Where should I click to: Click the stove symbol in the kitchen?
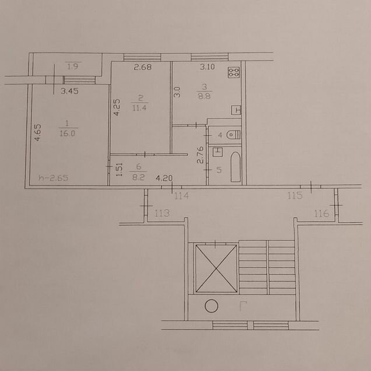(234, 72)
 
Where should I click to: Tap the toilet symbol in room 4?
(233, 135)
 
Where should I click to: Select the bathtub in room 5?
(236, 167)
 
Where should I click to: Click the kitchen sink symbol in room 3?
(236, 110)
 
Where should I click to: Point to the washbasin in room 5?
(218, 152)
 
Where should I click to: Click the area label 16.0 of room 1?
(67, 134)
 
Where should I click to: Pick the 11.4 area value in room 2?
(139, 108)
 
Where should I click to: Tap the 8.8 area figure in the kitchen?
(204, 96)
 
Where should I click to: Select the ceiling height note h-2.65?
(54, 178)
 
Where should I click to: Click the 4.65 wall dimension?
(37, 133)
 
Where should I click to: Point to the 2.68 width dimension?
(143, 67)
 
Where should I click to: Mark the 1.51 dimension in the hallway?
(120, 169)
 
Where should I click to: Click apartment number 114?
(181, 196)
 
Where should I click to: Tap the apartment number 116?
(321, 213)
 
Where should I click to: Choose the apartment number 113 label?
(162, 213)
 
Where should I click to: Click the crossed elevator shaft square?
(216, 268)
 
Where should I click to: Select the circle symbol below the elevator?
(211, 306)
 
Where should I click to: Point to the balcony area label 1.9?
(73, 66)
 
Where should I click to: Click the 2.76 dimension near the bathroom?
(200, 155)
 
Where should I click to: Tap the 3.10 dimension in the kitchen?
(207, 66)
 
